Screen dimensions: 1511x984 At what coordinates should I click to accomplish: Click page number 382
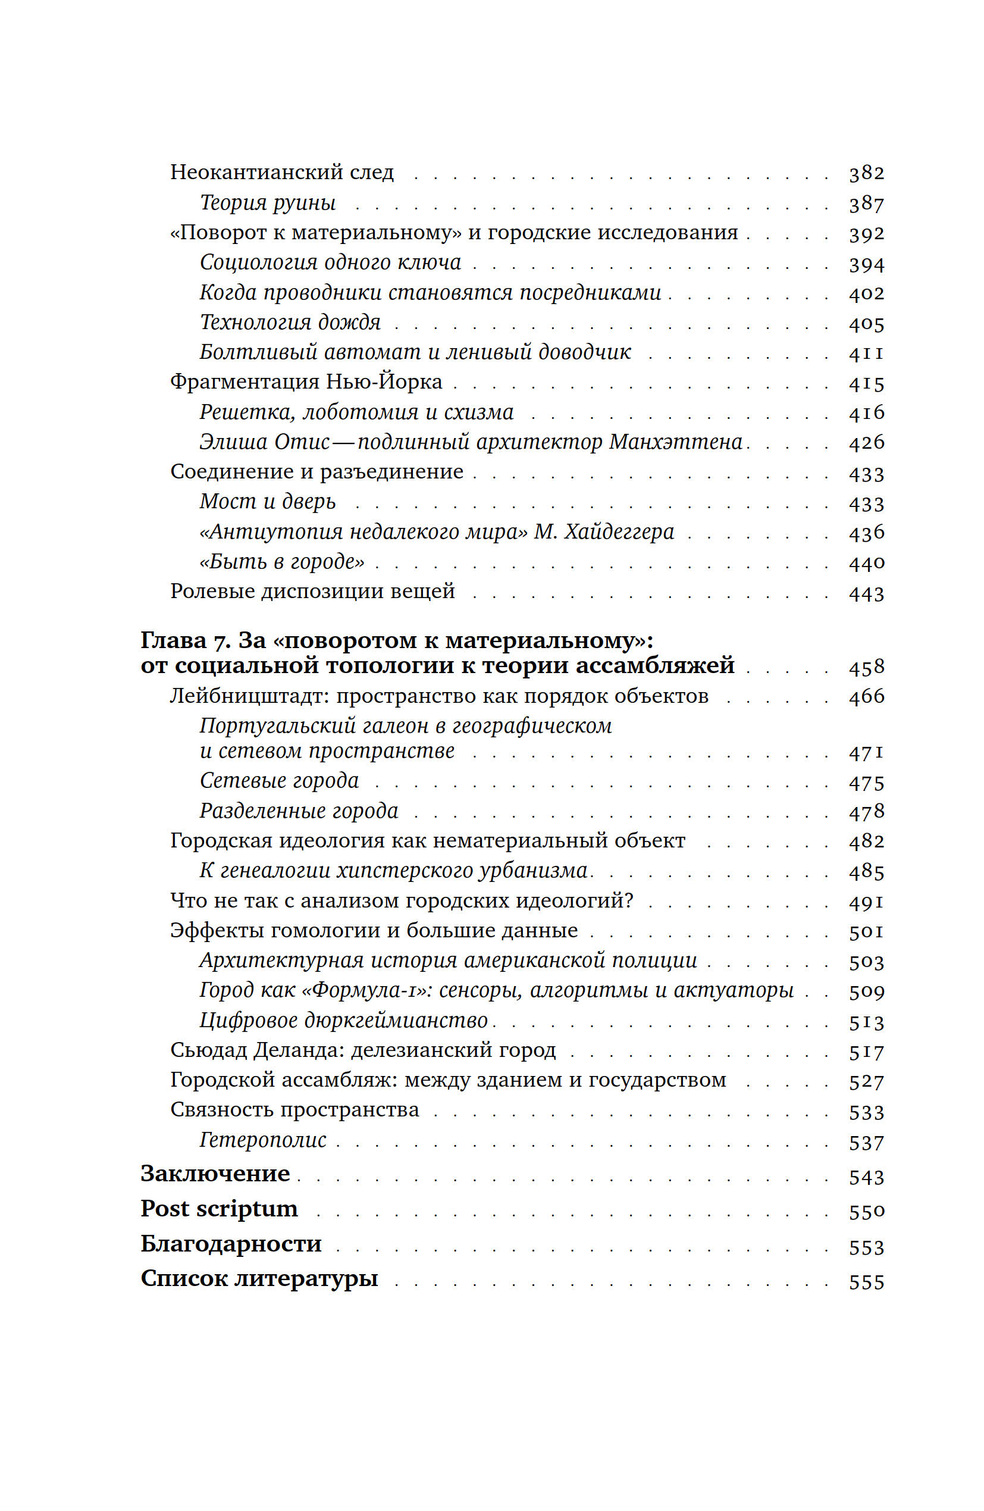click(x=866, y=173)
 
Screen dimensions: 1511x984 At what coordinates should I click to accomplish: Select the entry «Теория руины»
click(x=267, y=202)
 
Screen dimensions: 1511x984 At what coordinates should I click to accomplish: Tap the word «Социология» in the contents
click(x=258, y=262)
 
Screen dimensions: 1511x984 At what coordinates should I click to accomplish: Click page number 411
click(x=866, y=352)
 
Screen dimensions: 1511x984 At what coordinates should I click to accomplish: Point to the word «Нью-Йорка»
click(x=384, y=381)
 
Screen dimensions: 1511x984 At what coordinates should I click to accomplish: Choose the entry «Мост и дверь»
click(x=267, y=501)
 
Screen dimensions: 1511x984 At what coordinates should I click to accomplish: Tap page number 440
click(x=866, y=562)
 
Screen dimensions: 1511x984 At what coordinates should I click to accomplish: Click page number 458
click(x=866, y=667)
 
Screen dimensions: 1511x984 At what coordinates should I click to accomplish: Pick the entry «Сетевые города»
click(x=280, y=780)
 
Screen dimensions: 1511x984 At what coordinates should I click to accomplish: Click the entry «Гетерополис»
click(x=263, y=1140)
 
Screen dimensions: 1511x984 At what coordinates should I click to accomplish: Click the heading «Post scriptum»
click(x=219, y=1208)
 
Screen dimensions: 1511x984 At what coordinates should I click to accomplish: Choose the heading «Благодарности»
click(x=231, y=1243)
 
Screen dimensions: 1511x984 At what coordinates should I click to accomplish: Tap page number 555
click(x=866, y=1282)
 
